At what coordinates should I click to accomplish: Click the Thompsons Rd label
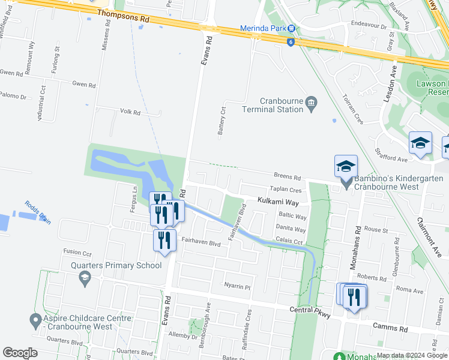pyautogui.click(x=122, y=16)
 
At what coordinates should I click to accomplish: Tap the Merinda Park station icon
pyautogui.click(x=291, y=28)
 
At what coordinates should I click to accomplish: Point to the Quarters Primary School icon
pyautogui.click(x=85, y=278)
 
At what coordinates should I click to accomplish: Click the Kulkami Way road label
pyautogui.click(x=278, y=203)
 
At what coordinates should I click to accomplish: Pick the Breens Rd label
pyautogui.click(x=286, y=177)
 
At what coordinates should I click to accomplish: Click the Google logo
pyautogui.click(x=20, y=353)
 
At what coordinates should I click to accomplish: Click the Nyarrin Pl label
pyautogui.click(x=237, y=286)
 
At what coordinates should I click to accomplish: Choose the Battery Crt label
pyautogui.click(x=221, y=121)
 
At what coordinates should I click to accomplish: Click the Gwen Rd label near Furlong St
pyautogui.click(x=83, y=85)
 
